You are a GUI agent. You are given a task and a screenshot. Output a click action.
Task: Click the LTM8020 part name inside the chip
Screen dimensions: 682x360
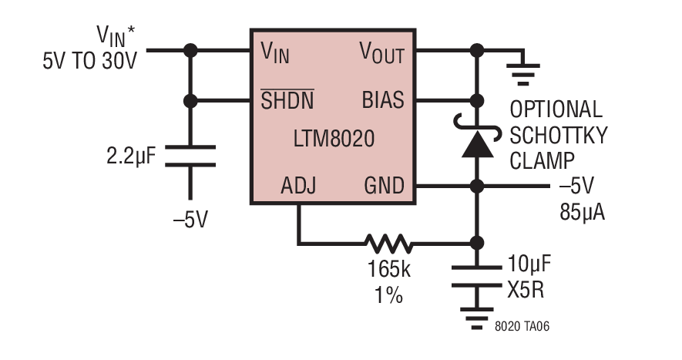pos(334,139)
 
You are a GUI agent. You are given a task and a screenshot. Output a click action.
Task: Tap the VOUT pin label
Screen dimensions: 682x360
pos(382,53)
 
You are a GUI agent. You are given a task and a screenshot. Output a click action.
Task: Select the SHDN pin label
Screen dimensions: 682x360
pos(287,99)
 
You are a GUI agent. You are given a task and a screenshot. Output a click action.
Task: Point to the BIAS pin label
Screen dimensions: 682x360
pos(383,99)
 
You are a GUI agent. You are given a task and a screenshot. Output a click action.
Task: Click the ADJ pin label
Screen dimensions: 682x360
pos(298,186)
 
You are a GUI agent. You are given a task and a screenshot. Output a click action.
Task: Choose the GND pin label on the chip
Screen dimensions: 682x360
pos(384,186)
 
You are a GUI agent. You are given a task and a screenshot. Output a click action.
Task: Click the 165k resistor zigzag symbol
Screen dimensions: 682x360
pos(388,244)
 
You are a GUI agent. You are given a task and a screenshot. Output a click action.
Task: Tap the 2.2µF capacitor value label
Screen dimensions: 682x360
pos(131,156)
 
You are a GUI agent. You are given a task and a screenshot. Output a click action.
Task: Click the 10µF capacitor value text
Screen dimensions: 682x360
pos(529,264)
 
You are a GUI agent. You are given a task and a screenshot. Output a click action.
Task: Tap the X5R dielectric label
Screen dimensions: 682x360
pos(526,289)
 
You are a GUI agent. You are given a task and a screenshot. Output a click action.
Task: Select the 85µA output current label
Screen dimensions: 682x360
pos(582,212)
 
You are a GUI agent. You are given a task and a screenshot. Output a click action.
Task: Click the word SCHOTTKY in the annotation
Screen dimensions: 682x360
pos(558,135)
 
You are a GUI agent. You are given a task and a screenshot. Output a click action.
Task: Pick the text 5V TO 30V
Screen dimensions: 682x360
pos(89,61)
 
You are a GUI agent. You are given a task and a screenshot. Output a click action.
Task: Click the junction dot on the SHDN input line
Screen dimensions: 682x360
pos(190,101)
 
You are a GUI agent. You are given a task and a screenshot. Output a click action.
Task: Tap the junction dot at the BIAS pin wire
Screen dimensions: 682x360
pos(477,101)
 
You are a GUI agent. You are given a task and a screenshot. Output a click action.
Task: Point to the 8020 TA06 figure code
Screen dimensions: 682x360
pos(522,326)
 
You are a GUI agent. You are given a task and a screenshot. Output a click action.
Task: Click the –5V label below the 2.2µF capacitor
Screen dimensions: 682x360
pos(190,220)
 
